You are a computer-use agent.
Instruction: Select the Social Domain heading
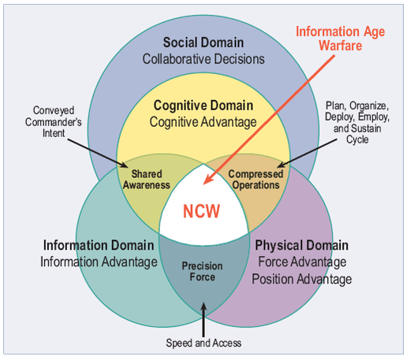click(x=204, y=42)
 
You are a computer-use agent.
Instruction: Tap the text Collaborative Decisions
click(x=204, y=58)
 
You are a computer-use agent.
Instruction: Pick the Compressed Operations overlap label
click(x=253, y=180)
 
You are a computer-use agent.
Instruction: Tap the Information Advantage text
click(x=99, y=262)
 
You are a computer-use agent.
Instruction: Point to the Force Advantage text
click(x=304, y=262)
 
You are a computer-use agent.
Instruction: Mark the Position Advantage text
click(x=304, y=279)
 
